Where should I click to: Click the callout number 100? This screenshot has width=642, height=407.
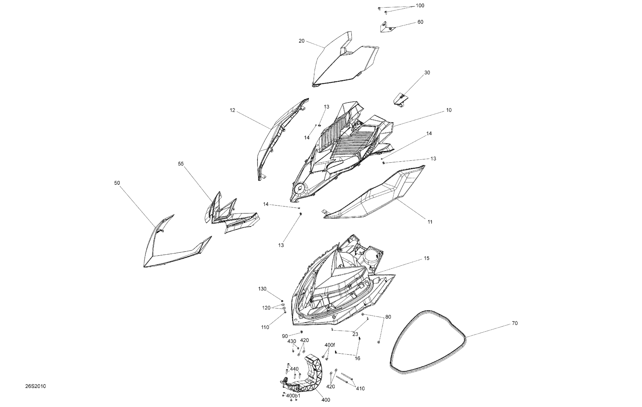click(x=420, y=6)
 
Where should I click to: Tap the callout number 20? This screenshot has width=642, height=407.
click(x=301, y=41)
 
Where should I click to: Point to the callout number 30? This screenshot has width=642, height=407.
click(x=427, y=73)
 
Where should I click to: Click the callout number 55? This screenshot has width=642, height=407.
click(x=181, y=164)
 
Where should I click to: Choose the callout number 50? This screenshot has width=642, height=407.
click(x=117, y=183)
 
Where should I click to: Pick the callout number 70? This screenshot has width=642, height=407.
click(x=515, y=323)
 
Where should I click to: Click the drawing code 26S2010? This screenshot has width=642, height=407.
click(x=36, y=386)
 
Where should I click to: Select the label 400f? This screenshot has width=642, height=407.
click(x=330, y=345)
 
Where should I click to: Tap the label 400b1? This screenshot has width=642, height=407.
click(x=293, y=396)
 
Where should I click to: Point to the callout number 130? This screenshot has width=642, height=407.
click(x=262, y=289)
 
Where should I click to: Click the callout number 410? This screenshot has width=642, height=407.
click(x=360, y=389)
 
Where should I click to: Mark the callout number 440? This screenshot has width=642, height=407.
click(x=294, y=369)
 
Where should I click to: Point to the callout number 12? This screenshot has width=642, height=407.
click(x=232, y=110)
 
